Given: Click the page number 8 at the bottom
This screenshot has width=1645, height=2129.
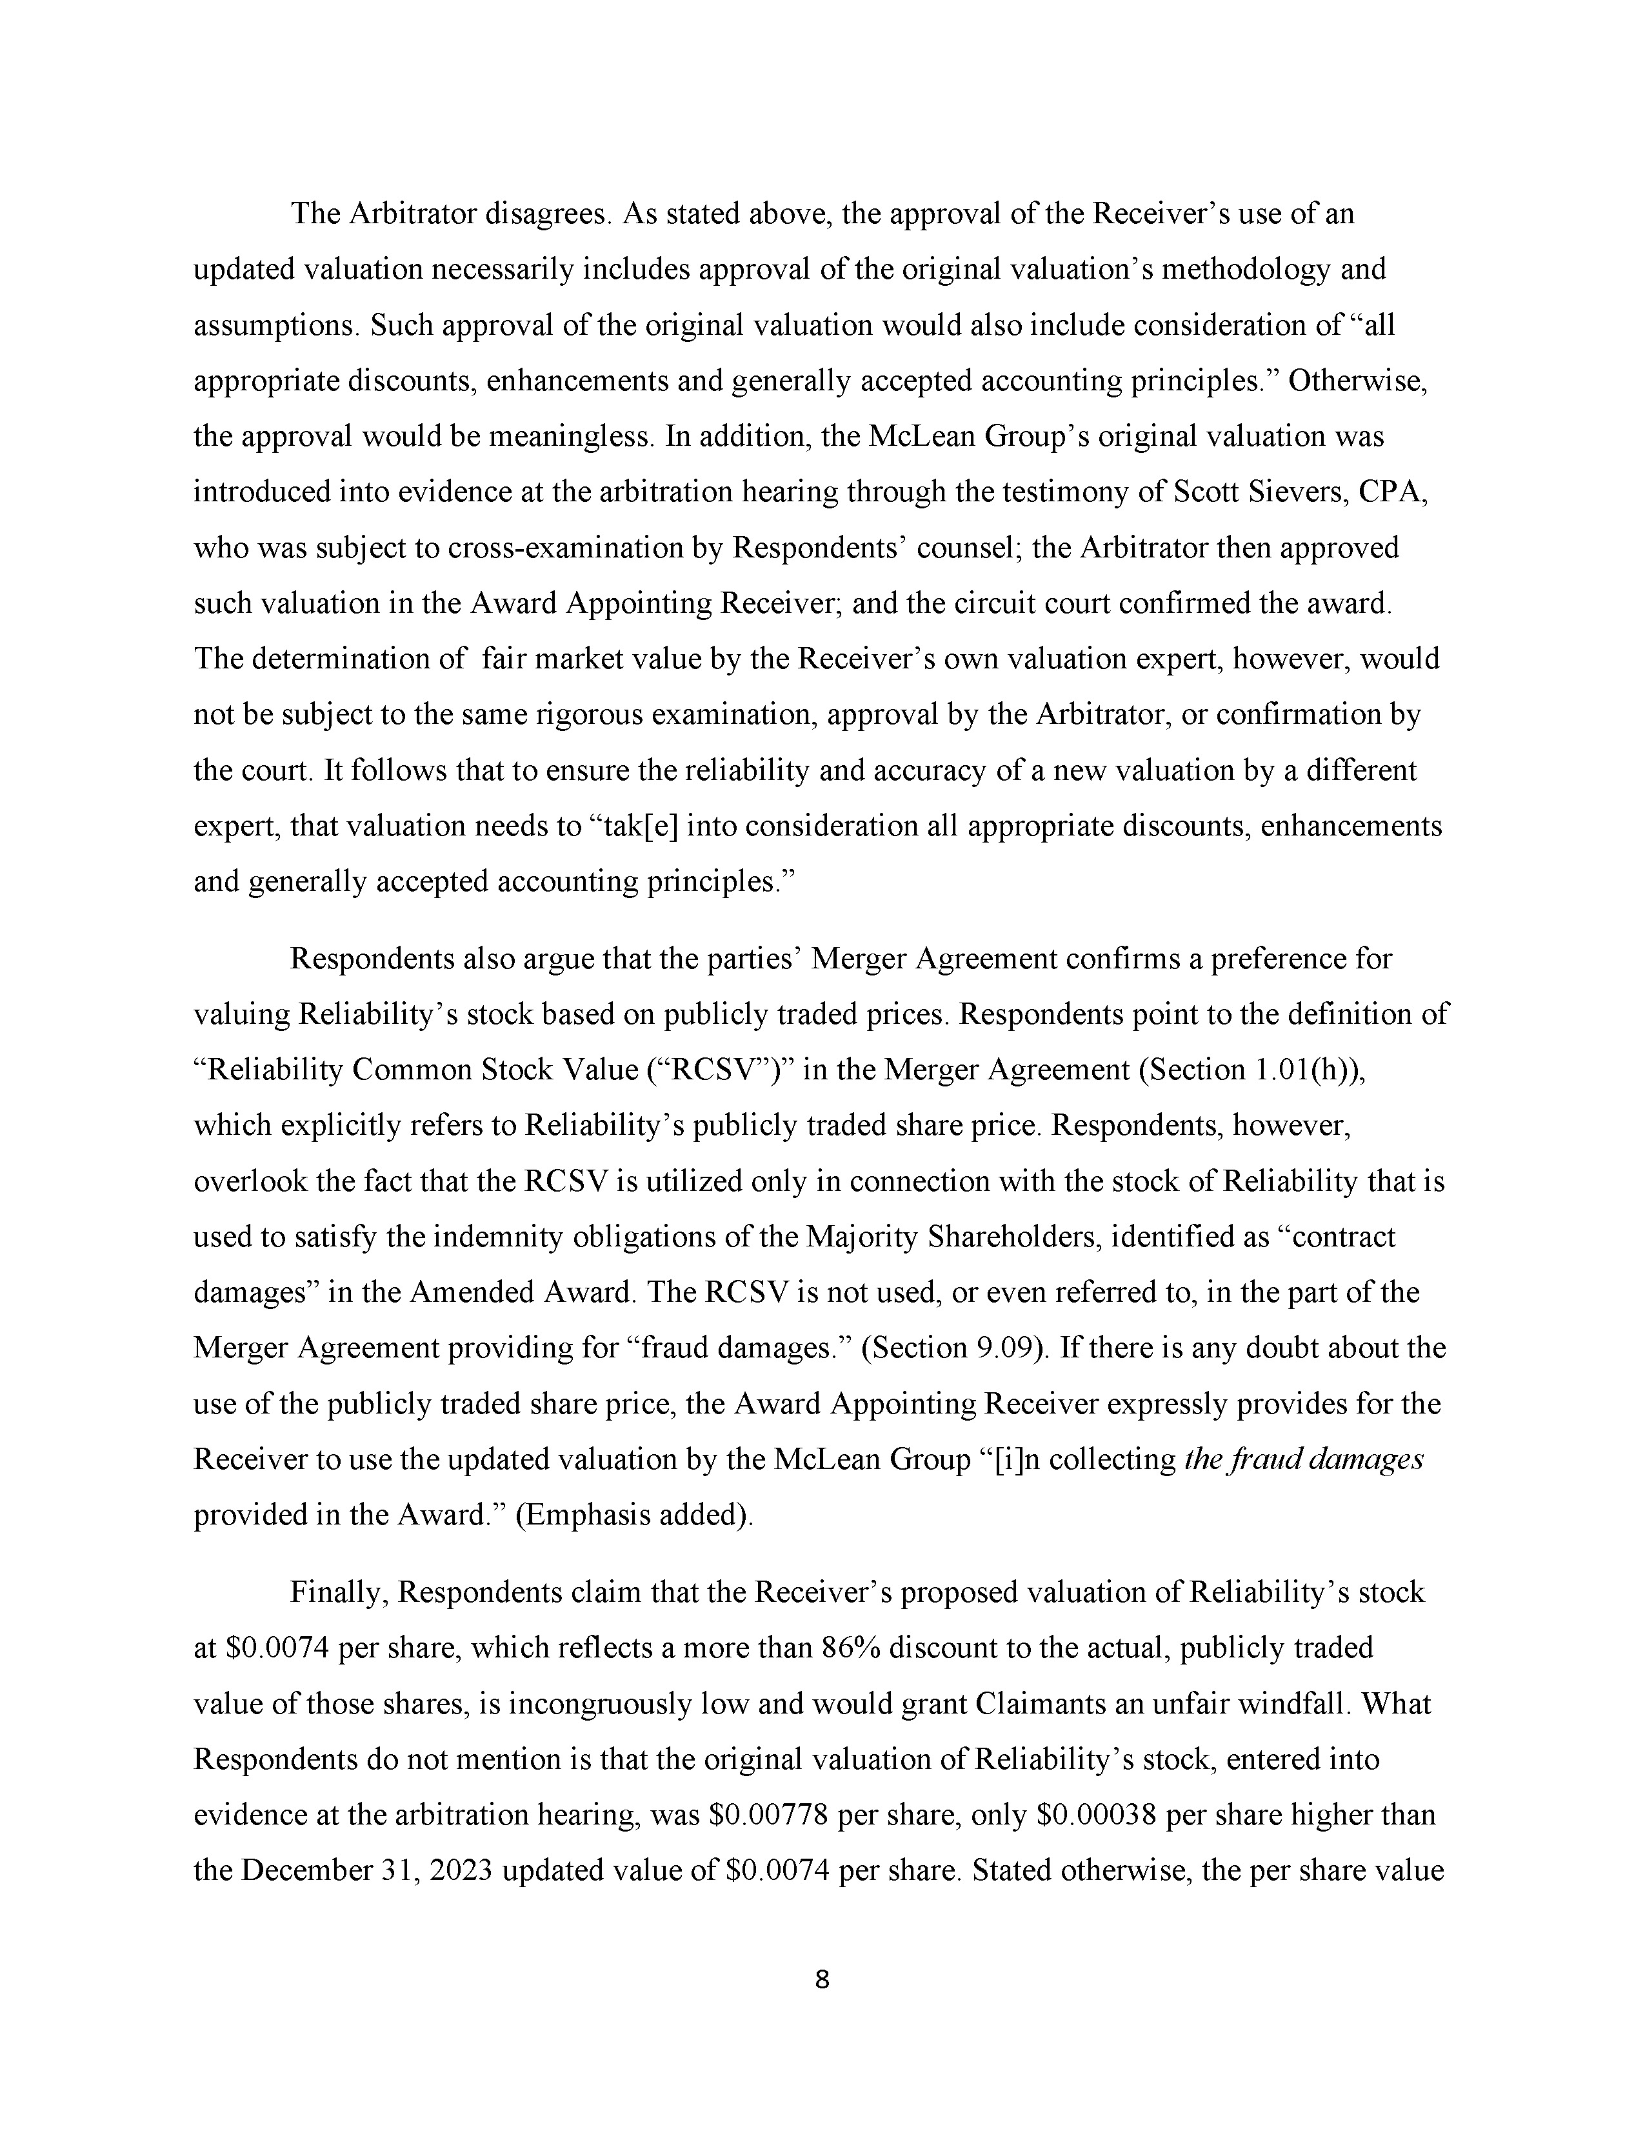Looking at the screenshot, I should point(821,1980).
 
